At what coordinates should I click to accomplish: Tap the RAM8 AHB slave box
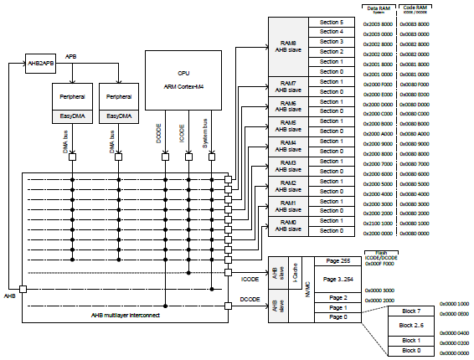coord(288,45)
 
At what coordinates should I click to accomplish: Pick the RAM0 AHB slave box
coord(288,226)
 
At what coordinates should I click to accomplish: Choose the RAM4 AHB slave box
coord(288,146)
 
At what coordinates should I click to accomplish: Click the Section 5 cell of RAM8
coord(331,21)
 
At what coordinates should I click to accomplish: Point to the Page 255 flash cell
coord(337,262)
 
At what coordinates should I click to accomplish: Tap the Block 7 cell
coord(411,311)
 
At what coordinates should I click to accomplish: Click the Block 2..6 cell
coord(411,325)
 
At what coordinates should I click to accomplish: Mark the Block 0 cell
coord(411,350)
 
